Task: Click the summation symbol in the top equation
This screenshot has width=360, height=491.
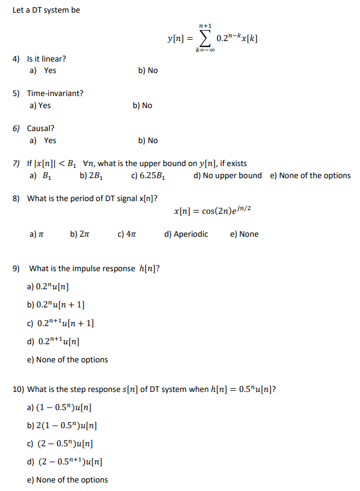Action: pos(205,39)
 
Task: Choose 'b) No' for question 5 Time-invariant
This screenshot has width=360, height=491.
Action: pos(142,106)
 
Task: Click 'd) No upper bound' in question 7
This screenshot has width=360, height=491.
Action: pos(228,176)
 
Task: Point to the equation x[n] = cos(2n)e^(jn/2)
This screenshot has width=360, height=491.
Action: pos(211,210)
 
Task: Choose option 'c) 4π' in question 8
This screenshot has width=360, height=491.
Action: pos(126,234)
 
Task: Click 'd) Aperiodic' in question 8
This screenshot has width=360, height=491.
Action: pos(186,234)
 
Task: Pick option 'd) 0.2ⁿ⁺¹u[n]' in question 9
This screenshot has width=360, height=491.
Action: pos(58,341)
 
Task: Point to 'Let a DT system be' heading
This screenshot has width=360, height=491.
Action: pos(46,10)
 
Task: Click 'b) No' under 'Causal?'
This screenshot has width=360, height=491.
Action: pos(147,141)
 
